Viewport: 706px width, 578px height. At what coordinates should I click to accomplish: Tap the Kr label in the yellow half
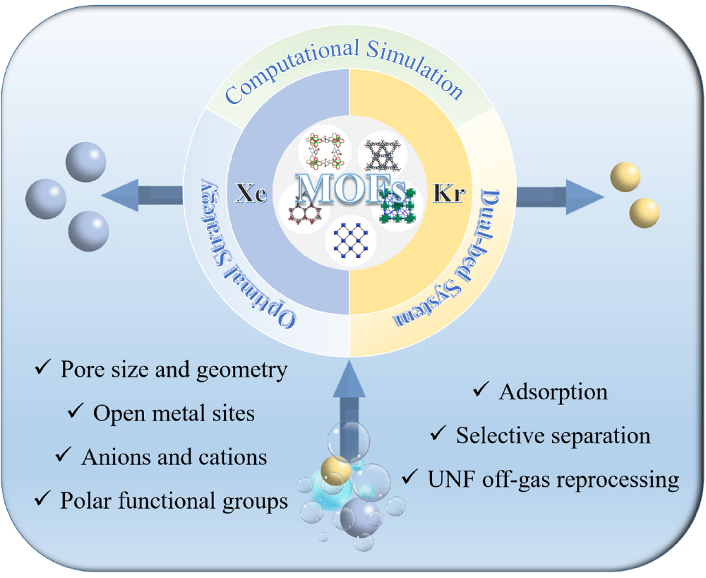point(449,193)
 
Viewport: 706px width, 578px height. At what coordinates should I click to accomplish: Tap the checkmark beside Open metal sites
point(76,412)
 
